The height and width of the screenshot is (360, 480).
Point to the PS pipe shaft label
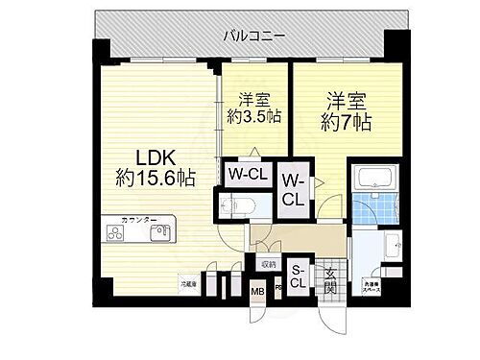(277, 286)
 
